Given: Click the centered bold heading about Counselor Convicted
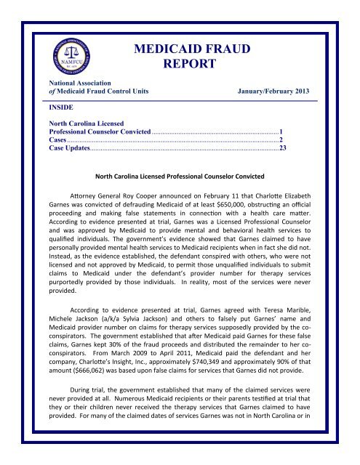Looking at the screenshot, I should tap(180, 177).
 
